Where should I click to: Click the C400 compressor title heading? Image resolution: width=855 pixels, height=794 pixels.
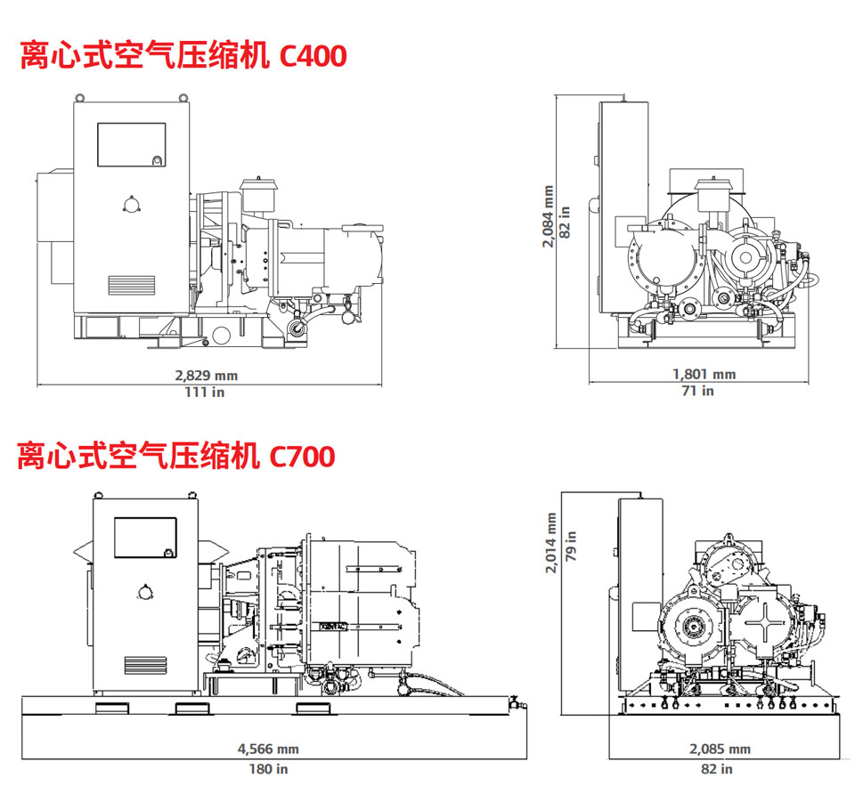(x=183, y=56)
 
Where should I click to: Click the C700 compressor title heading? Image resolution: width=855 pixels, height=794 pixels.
(x=176, y=456)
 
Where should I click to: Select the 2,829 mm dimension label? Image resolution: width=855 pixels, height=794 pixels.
(x=210, y=376)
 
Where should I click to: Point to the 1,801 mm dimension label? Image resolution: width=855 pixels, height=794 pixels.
(x=704, y=375)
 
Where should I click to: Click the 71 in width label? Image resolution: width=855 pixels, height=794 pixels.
(x=704, y=391)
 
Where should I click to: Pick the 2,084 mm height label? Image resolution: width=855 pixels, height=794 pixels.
(x=549, y=216)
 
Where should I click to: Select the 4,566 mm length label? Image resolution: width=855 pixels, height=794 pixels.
(x=268, y=749)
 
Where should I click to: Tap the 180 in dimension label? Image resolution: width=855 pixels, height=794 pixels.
(x=268, y=768)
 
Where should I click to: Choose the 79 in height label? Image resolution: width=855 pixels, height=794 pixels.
(x=571, y=543)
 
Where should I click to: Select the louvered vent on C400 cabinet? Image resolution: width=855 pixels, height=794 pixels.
(x=132, y=285)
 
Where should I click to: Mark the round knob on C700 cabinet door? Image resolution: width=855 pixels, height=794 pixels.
(x=145, y=592)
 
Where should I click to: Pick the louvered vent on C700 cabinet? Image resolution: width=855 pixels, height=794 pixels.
(x=145, y=665)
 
